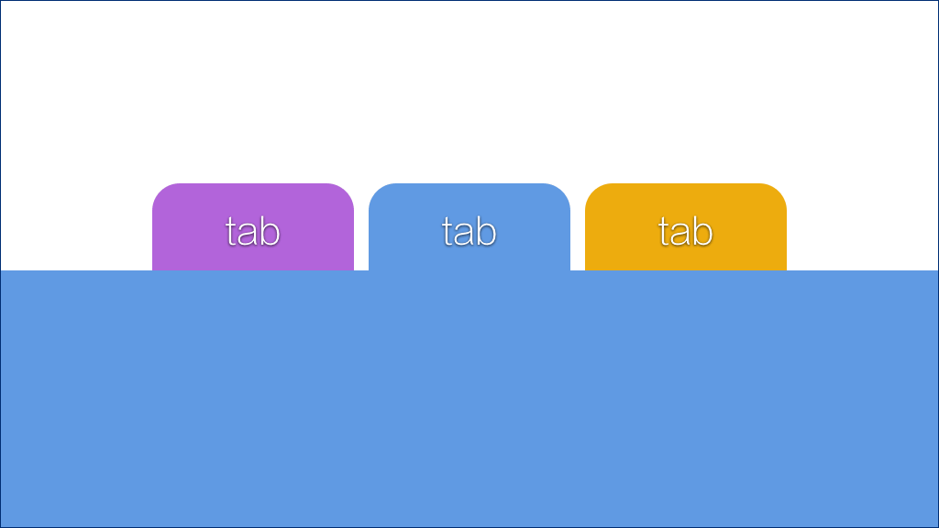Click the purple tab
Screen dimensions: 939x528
coord(253,227)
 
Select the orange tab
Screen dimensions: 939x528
coord(686,227)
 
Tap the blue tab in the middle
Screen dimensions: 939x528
coord(469,227)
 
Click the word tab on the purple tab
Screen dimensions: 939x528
coord(253,232)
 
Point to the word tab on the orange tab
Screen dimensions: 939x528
coord(686,232)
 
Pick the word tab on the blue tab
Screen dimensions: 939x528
coord(469,232)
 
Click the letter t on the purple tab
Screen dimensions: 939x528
coord(230,233)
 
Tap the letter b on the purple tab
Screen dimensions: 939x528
coord(271,232)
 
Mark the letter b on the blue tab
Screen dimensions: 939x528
coord(487,232)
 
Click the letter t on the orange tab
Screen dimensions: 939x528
coord(664,233)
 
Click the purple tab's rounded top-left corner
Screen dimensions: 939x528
coord(160,191)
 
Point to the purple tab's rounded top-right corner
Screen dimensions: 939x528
coord(346,191)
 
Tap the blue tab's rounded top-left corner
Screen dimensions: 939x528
coord(376,191)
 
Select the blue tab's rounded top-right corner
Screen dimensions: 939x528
coord(562,191)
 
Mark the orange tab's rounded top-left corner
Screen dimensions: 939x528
coord(593,191)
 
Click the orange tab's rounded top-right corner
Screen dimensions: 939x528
coord(779,191)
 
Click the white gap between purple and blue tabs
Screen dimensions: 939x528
coord(361,227)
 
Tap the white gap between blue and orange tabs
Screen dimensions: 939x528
coord(578,227)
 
